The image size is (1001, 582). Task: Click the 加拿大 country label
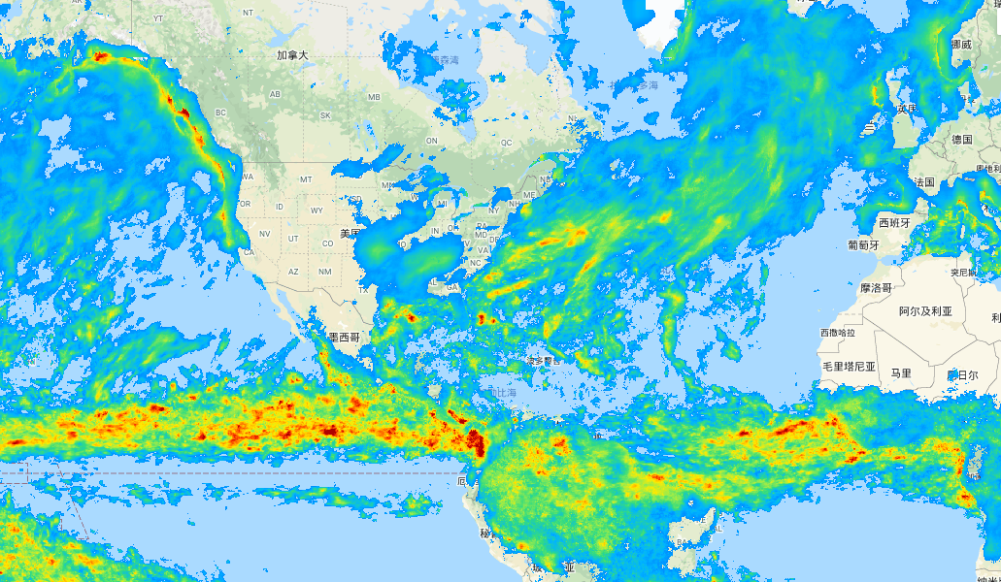point(291,55)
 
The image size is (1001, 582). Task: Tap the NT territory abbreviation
point(249,12)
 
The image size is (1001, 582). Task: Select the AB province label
point(275,94)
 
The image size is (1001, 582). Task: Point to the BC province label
point(220,113)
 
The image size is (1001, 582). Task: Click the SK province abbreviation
point(325,115)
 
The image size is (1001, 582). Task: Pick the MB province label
point(374,97)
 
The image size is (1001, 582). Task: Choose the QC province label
point(506,142)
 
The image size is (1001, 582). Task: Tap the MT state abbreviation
point(307,179)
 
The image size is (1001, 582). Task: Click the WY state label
point(317,210)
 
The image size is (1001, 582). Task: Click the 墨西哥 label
point(344,338)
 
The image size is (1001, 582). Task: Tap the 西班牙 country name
point(896,222)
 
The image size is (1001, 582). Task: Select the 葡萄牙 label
point(862,245)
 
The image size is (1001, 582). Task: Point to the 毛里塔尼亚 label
point(849,367)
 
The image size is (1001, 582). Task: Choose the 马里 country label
point(901,372)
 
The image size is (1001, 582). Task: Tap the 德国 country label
point(961,140)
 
